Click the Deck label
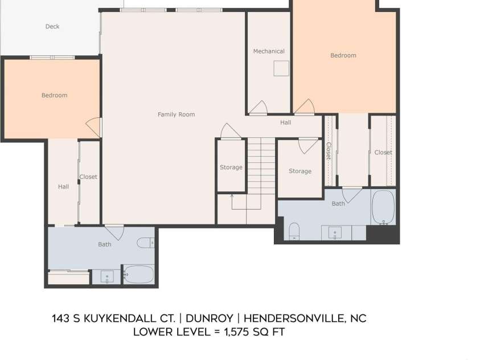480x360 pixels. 52,27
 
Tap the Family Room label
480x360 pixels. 177,114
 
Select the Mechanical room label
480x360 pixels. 269,51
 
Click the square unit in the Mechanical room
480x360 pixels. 281,68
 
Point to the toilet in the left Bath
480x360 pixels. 146,243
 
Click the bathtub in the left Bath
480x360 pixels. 139,275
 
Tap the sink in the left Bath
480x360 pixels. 107,277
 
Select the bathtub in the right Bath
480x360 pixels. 383,207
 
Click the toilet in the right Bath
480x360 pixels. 294,231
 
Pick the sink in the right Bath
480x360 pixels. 335,233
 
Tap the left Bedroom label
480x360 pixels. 55,95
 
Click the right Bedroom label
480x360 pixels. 343,55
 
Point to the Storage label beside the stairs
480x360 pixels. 231,167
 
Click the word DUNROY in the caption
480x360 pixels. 210,318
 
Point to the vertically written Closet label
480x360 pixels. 329,151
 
